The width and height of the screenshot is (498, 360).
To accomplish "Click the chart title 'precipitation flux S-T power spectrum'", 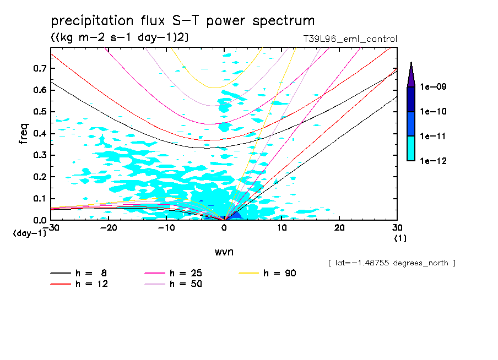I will tap(182, 21).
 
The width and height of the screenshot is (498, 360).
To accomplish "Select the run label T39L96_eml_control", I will tap(346, 39).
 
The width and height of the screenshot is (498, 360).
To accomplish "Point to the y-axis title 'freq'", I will tap(23, 133).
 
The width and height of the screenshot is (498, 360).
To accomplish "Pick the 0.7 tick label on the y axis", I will tap(39, 68).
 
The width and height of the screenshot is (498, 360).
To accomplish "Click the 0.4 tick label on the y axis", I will tap(39, 133).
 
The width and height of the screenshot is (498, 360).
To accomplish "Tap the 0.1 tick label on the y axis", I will tap(39, 198).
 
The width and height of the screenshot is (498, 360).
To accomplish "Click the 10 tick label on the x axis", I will tap(281, 228).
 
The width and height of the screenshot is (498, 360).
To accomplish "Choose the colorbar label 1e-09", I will tap(433, 87).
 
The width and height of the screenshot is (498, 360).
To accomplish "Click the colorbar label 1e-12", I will tap(433, 161).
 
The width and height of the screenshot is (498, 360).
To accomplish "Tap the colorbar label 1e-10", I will tap(433, 112).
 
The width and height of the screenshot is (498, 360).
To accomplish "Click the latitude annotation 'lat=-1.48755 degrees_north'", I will tap(391, 263).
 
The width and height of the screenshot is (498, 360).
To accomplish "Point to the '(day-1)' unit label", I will tap(30, 233).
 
